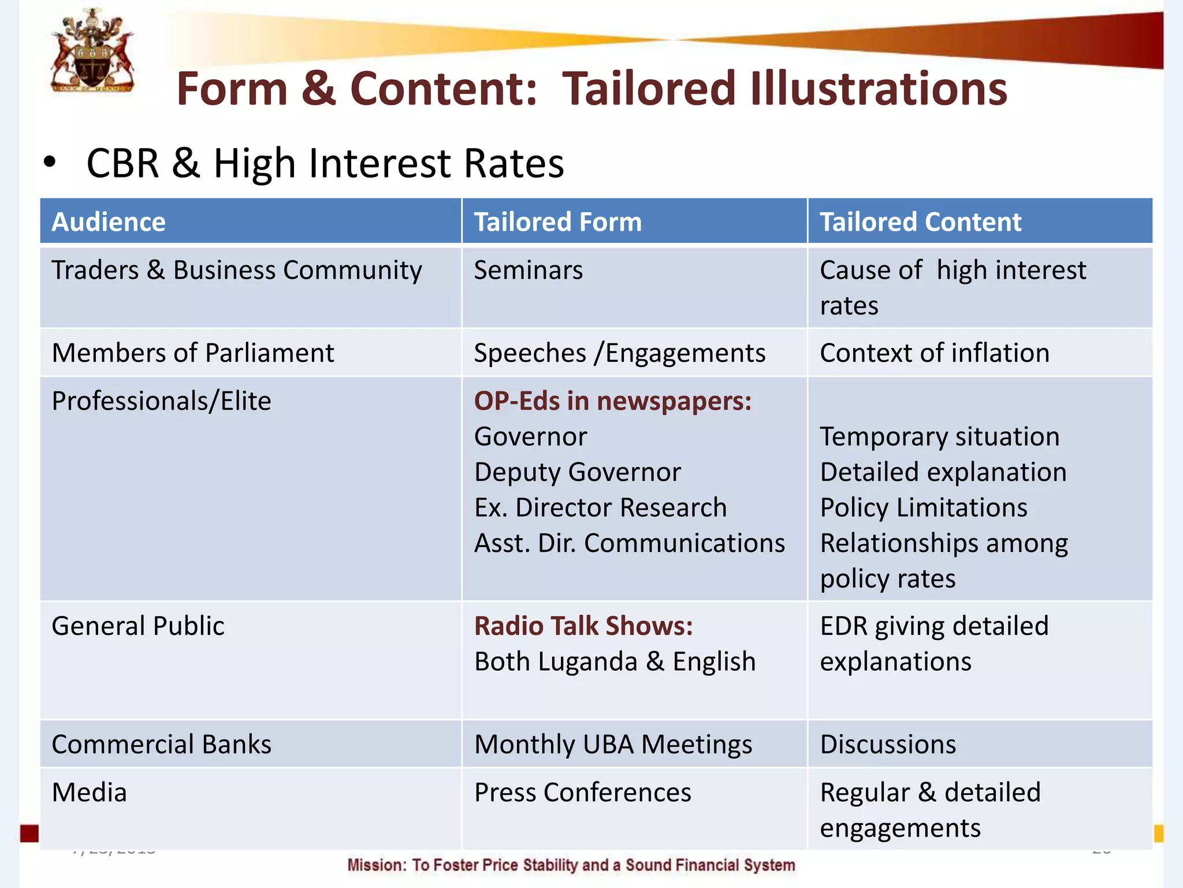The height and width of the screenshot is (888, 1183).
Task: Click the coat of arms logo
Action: click(92, 51)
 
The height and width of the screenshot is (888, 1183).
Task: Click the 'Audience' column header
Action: click(109, 222)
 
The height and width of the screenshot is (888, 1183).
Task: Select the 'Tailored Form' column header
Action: click(557, 222)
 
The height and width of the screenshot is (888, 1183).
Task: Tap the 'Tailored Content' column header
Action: click(920, 222)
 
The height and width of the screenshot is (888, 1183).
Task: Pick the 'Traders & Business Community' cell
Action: click(237, 271)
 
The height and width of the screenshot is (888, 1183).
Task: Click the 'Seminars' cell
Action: click(528, 271)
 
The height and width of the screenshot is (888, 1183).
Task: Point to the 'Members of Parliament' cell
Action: click(193, 353)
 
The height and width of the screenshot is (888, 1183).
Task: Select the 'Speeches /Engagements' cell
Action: click(619, 353)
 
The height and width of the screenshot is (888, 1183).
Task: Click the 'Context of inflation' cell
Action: click(934, 353)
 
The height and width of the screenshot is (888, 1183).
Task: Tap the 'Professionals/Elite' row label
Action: click(161, 401)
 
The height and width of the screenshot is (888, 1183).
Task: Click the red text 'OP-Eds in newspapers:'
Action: click(612, 401)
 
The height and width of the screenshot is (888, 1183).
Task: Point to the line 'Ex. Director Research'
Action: click(600, 508)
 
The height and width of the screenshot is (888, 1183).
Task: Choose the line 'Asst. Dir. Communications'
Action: click(629, 543)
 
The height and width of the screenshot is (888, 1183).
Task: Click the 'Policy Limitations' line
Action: click(924, 508)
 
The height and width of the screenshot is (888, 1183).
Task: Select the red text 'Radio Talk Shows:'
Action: click(583, 626)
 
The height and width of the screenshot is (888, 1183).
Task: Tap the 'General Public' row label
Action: click(137, 626)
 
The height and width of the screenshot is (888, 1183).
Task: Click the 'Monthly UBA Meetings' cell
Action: click(613, 744)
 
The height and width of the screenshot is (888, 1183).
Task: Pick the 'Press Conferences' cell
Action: click(582, 792)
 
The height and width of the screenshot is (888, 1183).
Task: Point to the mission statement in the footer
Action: click(571, 865)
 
